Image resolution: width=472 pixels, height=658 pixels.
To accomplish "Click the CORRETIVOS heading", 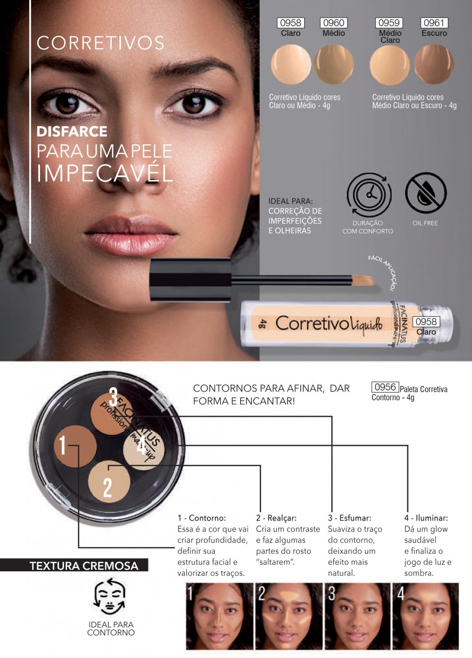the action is (x=100, y=43).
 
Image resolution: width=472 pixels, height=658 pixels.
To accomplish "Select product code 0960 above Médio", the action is (x=334, y=23).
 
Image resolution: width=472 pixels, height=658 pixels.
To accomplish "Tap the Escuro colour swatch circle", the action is (x=434, y=64).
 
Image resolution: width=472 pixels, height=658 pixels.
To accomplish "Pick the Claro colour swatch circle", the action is (x=291, y=64).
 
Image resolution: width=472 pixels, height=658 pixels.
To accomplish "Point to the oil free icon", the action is (x=425, y=192).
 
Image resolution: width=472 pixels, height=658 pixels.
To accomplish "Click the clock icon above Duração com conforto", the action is (x=369, y=195).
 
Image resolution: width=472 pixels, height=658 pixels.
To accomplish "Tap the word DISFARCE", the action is (x=72, y=131).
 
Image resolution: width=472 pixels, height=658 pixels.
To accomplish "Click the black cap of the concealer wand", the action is (x=190, y=280).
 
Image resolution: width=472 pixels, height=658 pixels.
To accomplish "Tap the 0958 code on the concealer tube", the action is (x=426, y=322).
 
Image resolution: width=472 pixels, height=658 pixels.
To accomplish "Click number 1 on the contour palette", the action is (x=62, y=445).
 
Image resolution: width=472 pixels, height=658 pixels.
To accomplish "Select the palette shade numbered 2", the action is (x=109, y=481).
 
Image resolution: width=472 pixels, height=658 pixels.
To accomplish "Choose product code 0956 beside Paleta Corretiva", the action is (x=385, y=387).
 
